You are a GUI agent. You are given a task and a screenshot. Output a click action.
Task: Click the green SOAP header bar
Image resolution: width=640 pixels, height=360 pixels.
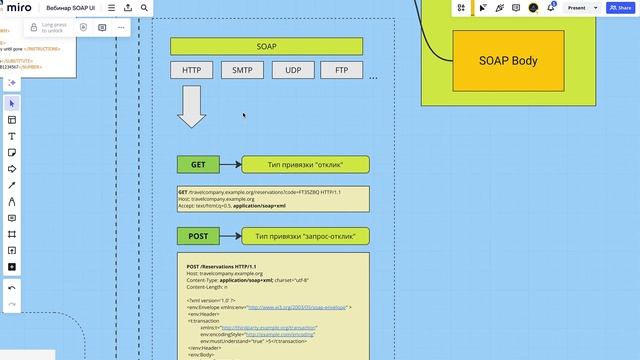(x=265, y=46)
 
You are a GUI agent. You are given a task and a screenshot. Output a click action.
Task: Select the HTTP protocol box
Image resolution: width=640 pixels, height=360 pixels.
(x=191, y=70)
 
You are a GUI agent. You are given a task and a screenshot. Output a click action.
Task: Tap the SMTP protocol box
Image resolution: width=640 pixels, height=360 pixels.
(x=243, y=70)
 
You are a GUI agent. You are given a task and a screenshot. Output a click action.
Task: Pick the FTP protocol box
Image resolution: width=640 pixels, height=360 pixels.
(x=342, y=70)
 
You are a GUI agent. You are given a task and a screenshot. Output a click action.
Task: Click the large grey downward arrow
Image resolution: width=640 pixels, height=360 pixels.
(x=192, y=107)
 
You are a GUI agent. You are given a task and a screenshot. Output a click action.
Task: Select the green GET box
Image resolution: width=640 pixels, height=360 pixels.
(x=198, y=165)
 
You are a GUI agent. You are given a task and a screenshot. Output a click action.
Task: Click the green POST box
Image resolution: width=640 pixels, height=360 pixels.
(x=198, y=236)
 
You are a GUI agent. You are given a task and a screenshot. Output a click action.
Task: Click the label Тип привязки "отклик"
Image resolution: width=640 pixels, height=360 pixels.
(x=306, y=165)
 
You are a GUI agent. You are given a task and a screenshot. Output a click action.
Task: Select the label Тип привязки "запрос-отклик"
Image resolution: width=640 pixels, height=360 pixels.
(x=306, y=236)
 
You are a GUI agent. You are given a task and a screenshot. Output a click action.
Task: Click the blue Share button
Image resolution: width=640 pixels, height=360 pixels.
(x=618, y=8)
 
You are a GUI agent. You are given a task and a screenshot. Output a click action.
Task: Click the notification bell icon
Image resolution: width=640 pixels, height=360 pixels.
(x=551, y=8)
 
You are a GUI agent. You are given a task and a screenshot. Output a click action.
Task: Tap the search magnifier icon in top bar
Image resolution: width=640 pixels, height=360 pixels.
(x=144, y=8)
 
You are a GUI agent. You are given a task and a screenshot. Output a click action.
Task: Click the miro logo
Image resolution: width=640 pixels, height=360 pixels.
(x=19, y=8)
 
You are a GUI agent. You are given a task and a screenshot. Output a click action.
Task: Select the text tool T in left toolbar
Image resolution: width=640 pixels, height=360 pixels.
(x=12, y=136)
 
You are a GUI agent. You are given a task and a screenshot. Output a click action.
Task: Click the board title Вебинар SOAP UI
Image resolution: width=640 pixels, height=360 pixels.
(x=71, y=8)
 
